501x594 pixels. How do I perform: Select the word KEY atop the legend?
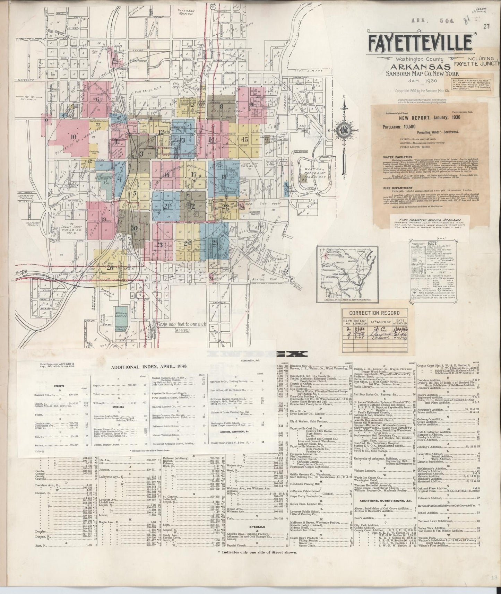[x=430, y=243]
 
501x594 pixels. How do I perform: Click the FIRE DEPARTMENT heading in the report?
[x=397, y=189]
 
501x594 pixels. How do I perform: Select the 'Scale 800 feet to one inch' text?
[x=187, y=325]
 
